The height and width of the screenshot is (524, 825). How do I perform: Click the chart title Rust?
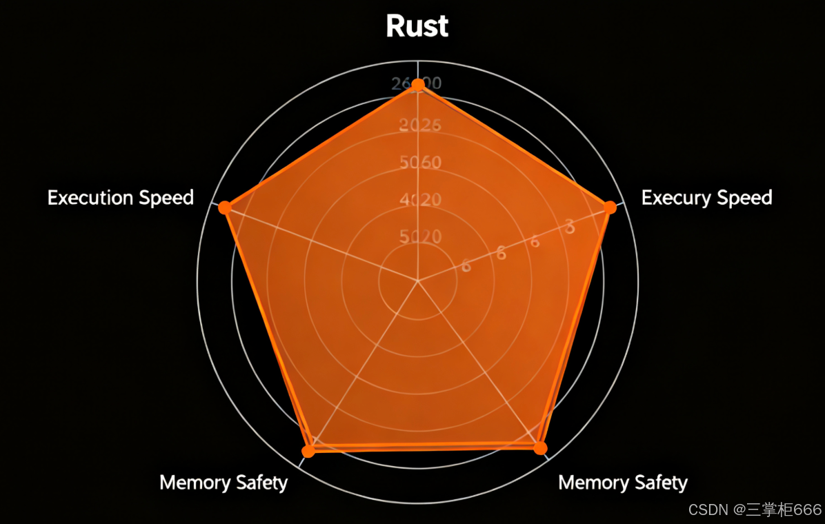point(417,26)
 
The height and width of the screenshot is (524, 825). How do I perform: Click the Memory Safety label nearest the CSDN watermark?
point(623,482)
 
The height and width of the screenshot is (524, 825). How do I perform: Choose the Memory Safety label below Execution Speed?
point(223,482)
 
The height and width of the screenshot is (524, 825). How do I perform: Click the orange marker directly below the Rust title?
point(417,85)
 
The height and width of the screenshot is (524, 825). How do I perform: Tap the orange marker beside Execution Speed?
point(224,208)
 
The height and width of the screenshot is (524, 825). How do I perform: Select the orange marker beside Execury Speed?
point(610,207)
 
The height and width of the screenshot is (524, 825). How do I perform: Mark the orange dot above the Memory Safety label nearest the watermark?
point(540,448)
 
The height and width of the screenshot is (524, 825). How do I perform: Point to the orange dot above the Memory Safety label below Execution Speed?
point(308,451)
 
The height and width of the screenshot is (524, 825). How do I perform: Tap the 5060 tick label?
point(420,163)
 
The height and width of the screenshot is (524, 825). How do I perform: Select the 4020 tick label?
point(420,200)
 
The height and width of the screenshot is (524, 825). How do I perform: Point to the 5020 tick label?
point(420,236)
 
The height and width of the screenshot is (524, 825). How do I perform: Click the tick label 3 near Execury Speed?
point(569,226)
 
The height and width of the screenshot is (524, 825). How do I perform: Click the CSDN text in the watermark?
point(708,510)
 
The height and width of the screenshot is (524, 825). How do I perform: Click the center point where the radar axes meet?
point(417,281)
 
